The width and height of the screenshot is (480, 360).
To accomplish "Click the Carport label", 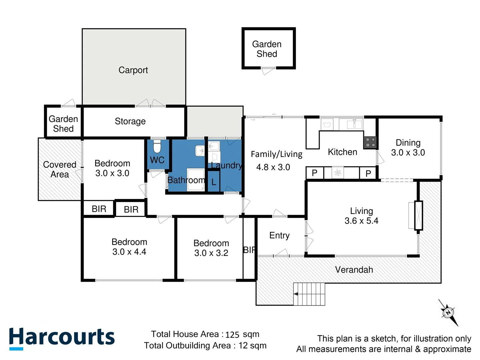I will coord(133,70).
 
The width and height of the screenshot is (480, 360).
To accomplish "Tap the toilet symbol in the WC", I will coord(157,146).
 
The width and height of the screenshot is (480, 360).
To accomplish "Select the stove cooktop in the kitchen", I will coord(370,142).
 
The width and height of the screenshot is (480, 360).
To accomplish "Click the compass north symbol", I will coord(448,313).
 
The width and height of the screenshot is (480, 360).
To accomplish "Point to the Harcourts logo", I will coord(62,338).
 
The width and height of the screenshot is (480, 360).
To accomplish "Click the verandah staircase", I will coord(309,294).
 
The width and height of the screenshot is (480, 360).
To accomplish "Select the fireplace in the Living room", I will coord(418,215).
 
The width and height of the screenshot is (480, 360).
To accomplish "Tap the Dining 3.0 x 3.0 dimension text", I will coord(408,153).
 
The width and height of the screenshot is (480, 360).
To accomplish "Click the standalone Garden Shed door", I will coord(268,70).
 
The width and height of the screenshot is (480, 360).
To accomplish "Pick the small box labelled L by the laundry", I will coord(214,182).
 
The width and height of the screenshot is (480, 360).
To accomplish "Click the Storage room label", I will coord(130,121).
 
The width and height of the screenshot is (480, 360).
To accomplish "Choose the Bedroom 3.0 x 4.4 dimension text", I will coord(129,252).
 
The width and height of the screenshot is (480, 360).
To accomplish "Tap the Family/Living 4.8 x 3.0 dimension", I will coord(273,167).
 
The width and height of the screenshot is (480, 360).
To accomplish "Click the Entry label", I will coord(279,235).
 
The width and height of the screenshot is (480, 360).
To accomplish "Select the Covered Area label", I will coord(60,169).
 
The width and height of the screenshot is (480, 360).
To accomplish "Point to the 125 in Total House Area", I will coord(232,335).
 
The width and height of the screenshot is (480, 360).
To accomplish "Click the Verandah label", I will coord(354,270).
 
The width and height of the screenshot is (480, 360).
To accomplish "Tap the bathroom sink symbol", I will coord(200,150).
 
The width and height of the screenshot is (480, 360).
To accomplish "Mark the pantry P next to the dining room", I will coord(368,173).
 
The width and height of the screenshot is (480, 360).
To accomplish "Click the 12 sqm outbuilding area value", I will coord(252,346).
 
